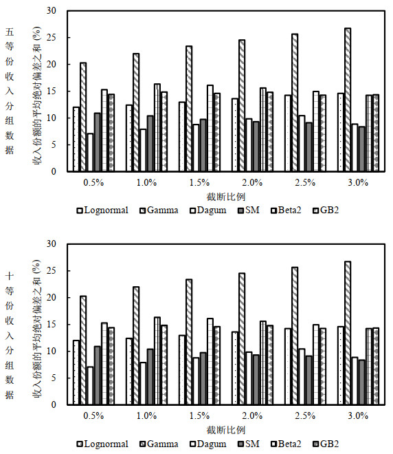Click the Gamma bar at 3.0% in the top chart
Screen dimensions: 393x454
coord(348,100)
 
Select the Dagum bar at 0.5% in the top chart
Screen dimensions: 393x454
coord(90,152)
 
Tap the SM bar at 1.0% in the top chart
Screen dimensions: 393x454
coord(150,143)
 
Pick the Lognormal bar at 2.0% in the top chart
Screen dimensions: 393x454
coord(235,135)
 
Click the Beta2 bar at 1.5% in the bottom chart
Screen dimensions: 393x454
coord(210,361)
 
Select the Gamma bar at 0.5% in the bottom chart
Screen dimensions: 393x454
coord(83,350)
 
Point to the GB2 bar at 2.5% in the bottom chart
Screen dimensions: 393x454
coord(323,366)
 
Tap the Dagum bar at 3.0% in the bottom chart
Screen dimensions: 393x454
coord(355,381)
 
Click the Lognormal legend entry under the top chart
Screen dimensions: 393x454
coord(102,210)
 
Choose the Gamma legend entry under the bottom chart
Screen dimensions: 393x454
coord(159,444)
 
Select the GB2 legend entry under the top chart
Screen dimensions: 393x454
coord(326,210)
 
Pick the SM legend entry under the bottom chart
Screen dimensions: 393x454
coord(249,444)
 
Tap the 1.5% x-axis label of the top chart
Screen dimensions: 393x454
coord(199,183)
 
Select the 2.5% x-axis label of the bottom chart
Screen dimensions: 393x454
coord(305,416)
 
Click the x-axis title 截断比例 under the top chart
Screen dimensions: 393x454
coord(226,197)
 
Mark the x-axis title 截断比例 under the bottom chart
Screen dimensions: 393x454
coord(226,430)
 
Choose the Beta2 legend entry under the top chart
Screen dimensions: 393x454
coord(286,210)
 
